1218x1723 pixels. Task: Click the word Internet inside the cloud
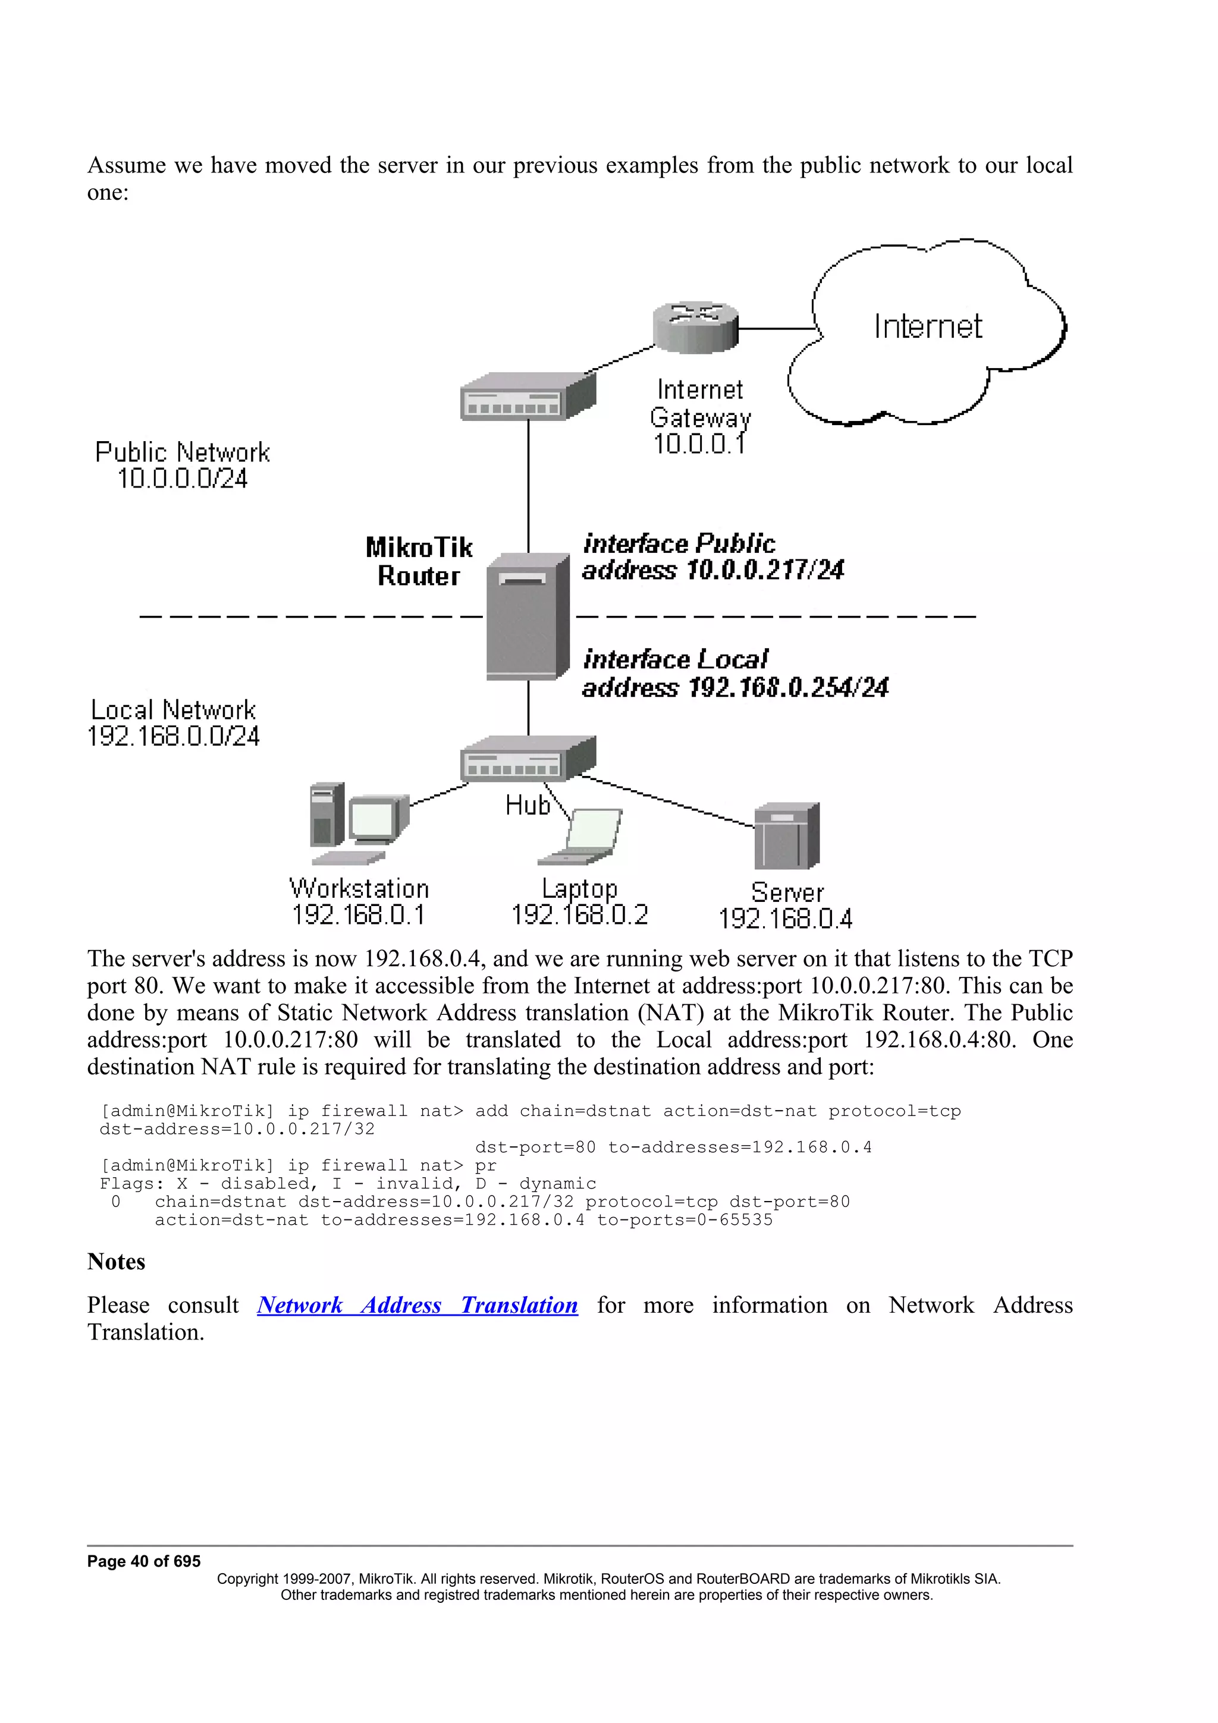[x=928, y=326]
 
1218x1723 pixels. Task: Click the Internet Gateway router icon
[x=695, y=327]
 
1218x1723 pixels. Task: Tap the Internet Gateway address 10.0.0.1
[x=699, y=444]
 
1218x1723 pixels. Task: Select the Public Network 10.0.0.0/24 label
[x=183, y=466]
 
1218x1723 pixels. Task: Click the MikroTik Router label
[x=418, y=561]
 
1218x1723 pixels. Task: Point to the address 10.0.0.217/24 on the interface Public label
[x=765, y=570]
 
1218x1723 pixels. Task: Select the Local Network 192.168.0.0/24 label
[x=173, y=722]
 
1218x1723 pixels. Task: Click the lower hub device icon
[x=527, y=759]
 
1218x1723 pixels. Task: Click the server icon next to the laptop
[x=786, y=835]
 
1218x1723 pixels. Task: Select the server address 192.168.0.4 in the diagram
[x=785, y=919]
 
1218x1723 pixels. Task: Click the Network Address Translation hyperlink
[x=417, y=1304]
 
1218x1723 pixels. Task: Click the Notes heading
[x=117, y=1262]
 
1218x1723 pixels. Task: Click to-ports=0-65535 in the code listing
[x=685, y=1219]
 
